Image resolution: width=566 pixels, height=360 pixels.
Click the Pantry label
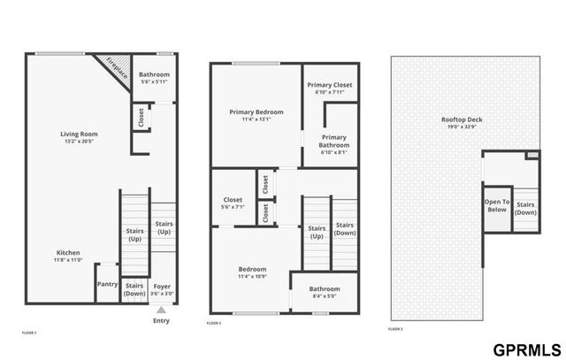click(x=107, y=285)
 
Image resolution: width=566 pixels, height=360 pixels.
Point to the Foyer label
click(x=161, y=286)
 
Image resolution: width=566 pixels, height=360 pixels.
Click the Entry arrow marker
click(x=161, y=310)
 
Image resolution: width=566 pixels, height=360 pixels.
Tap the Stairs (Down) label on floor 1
click(x=134, y=289)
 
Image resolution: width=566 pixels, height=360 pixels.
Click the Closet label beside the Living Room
click(x=141, y=116)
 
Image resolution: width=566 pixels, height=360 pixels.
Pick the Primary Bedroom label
click(x=256, y=112)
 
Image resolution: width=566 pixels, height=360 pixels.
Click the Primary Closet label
click(x=331, y=85)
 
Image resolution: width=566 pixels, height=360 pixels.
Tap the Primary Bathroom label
click(x=334, y=141)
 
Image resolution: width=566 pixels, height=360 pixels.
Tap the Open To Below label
click(x=496, y=205)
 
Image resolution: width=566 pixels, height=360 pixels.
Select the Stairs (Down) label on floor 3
click(x=525, y=208)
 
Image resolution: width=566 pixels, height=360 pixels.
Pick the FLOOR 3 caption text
click(x=395, y=329)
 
